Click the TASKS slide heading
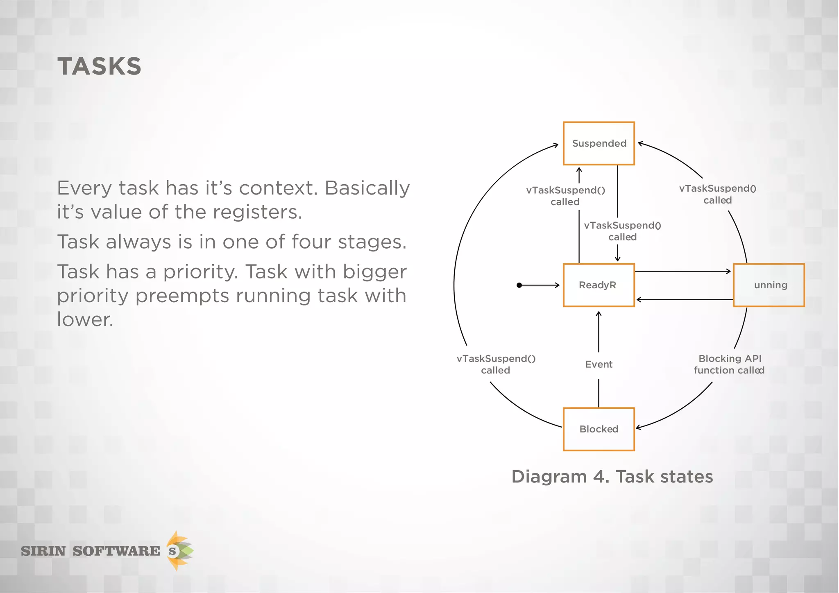(x=100, y=66)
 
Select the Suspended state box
(x=599, y=143)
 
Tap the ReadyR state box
(x=599, y=285)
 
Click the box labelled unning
(x=769, y=285)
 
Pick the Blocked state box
(x=599, y=429)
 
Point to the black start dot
(x=519, y=285)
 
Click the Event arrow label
(x=599, y=364)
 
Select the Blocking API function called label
(x=729, y=364)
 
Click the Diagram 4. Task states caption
(x=612, y=477)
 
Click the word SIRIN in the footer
(x=43, y=551)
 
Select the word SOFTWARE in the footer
(x=116, y=551)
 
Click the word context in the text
(x=278, y=188)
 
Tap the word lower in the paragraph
(x=85, y=319)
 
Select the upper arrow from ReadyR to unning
(x=683, y=271)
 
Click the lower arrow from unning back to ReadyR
(x=684, y=300)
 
